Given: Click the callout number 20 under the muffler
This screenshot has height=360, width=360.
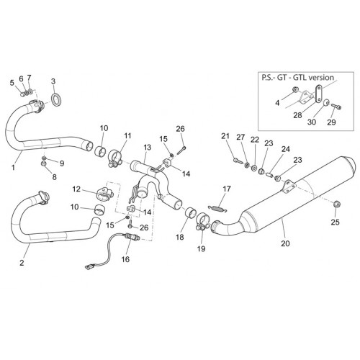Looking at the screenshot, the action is click(x=285, y=243).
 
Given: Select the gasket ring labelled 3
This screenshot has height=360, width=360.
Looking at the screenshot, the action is click(x=56, y=99).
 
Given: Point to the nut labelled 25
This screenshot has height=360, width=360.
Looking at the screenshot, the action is click(x=337, y=204).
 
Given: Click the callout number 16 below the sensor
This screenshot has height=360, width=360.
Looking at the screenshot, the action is click(x=125, y=259).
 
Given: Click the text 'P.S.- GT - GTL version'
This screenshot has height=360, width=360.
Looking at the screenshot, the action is click(x=297, y=78).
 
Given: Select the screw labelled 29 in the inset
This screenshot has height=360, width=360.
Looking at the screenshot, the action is click(x=336, y=106).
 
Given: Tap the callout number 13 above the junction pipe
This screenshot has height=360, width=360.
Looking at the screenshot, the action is click(x=148, y=147).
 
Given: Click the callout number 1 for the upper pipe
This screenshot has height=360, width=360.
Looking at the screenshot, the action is click(x=13, y=167).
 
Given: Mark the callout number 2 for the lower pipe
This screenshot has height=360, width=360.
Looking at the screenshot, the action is click(x=22, y=263).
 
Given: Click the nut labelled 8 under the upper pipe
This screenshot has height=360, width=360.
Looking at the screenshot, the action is click(x=44, y=164).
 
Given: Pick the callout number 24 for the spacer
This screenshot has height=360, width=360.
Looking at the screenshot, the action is click(x=286, y=149).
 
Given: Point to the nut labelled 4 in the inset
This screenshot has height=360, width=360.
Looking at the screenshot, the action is click(x=295, y=90).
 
